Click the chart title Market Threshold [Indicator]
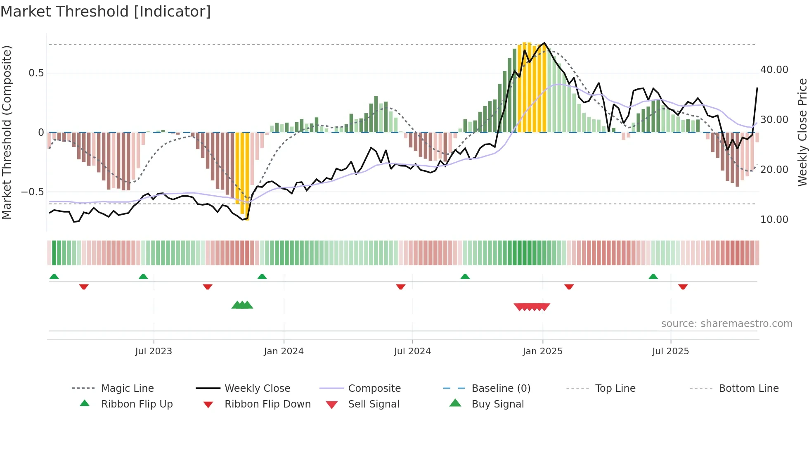click(x=106, y=12)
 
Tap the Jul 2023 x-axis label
click(x=154, y=351)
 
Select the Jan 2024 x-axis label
click(x=284, y=351)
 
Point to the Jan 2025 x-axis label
click(x=542, y=351)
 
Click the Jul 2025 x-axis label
click(x=670, y=351)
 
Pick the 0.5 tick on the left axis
click(x=36, y=73)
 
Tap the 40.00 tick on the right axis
click(x=774, y=70)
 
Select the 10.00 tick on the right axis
click(x=774, y=220)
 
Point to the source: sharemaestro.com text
click(x=726, y=323)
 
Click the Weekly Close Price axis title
click(x=802, y=132)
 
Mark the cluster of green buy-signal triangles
click(x=242, y=305)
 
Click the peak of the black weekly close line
click(x=544, y=43)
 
